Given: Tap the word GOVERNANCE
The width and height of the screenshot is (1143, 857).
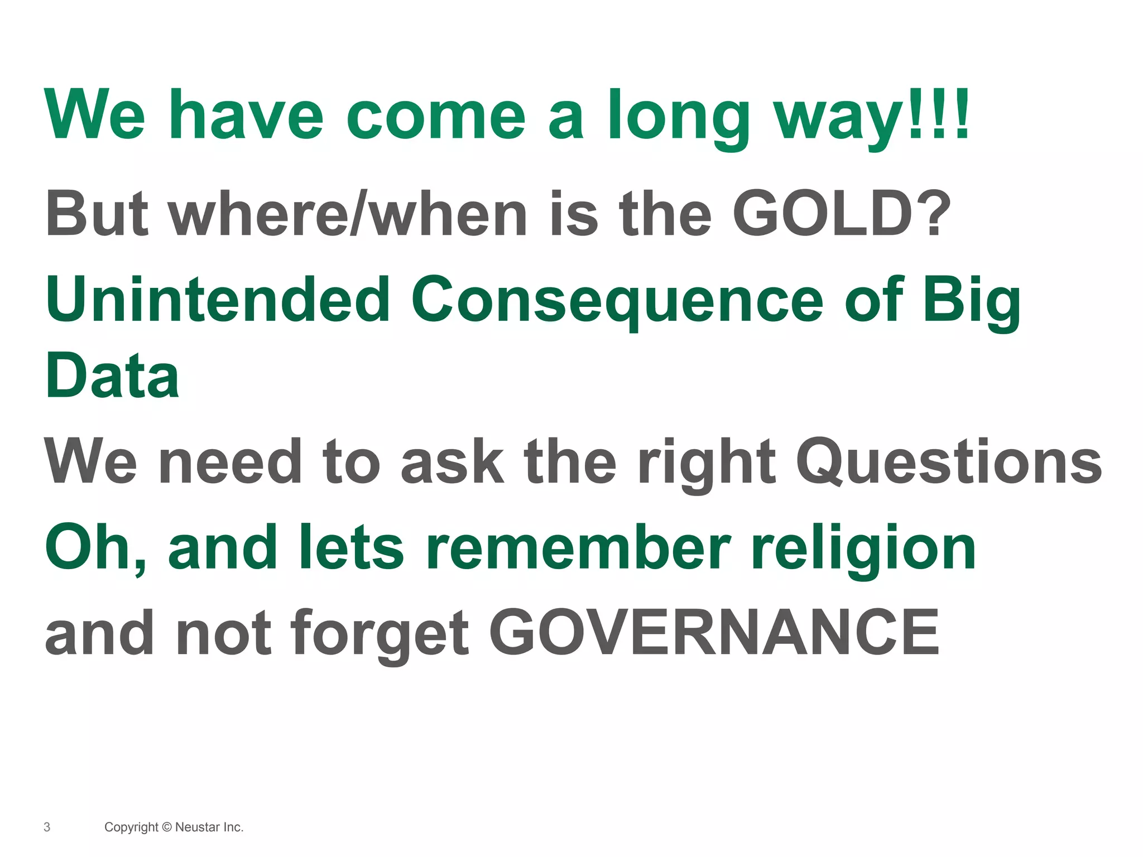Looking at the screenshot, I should coord(715,633).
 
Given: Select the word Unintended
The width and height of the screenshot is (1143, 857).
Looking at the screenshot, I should coord(218,300).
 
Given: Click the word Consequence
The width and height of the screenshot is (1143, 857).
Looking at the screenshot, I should coord(617,300).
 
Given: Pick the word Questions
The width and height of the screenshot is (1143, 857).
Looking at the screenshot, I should coord(949,462).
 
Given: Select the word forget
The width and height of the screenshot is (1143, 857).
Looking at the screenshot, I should coord(380,633).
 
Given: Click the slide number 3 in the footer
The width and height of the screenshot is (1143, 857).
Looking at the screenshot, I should coord(47,827).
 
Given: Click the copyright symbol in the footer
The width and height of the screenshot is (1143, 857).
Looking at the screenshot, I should coord(167,827).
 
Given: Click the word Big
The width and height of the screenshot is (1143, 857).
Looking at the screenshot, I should coord(972,300).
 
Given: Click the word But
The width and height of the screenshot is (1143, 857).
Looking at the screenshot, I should coord(98,214).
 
